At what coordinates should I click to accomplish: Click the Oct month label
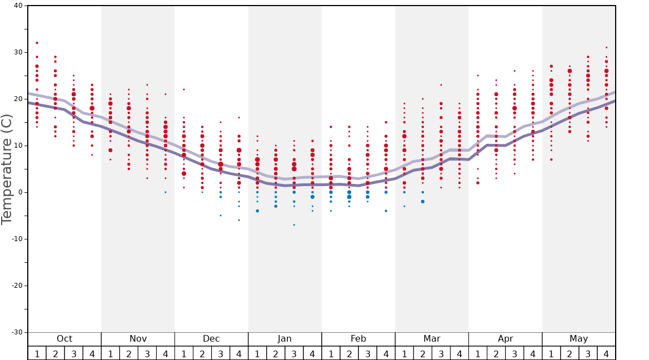click(64, 339)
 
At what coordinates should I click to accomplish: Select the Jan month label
click(284, 339)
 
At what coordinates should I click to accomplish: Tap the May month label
click(578, 339)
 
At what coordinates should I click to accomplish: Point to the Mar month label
click(432, 339)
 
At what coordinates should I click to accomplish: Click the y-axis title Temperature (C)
click(7, 169)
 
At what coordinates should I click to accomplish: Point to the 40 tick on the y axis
click(18, 6)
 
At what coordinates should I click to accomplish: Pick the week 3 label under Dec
click(221, 353)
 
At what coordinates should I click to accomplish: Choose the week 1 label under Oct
click(37, 353)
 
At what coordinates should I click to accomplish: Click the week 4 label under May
click(606, 353)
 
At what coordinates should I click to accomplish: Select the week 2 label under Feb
click(349, 353)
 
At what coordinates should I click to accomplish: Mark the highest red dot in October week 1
click(37, 43)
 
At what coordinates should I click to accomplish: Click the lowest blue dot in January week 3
click(294, 225)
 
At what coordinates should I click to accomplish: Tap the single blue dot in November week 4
click(166, 192)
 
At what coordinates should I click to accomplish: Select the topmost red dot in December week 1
click(184, 89)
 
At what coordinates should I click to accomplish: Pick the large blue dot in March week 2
click(422, 202)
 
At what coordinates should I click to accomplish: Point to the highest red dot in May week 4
click(606, 48)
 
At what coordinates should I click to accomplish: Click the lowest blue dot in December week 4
click(239, 220)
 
